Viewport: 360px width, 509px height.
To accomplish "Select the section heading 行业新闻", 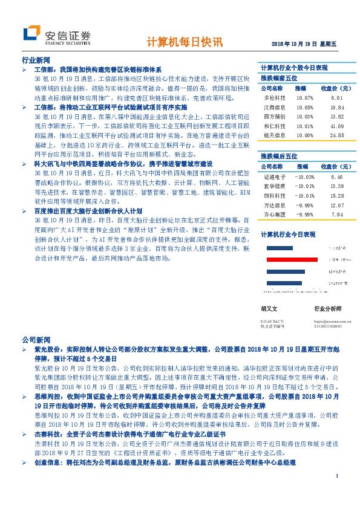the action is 36,61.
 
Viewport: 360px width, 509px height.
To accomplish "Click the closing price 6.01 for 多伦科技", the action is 338,97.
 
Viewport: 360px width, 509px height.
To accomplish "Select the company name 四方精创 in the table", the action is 273,116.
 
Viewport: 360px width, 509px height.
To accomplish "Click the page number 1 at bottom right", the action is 336,493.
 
